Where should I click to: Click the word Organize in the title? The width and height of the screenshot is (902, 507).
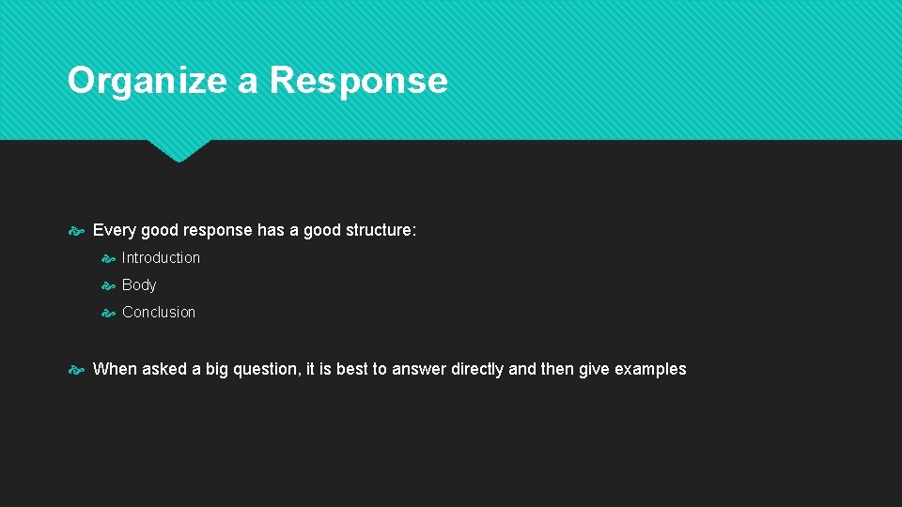coord(147,81)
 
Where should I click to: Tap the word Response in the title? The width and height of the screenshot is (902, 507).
coord(358,81)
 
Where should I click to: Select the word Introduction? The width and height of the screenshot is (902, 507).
coord(161,257)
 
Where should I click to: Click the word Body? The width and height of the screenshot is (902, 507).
coord(139,284)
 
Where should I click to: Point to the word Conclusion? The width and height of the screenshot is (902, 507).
coord(159,312)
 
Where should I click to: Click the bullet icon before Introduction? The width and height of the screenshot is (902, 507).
coord(108,258)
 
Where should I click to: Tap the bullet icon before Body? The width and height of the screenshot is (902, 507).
coord(108,285)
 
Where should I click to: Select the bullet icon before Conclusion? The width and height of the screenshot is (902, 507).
coord(108,313)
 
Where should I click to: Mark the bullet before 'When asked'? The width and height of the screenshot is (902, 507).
coord(78,370)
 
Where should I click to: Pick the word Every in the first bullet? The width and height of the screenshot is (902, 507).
coord(115,230)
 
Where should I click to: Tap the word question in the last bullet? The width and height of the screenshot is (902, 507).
coord(267,369)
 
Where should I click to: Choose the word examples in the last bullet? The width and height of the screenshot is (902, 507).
coord(650,369)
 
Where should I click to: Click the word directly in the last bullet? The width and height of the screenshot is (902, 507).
coord(477,369)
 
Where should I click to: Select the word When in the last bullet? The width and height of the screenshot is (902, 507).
coord(115,369)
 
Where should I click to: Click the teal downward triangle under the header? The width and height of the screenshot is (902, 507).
coord(179,150)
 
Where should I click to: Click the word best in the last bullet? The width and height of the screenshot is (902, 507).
coord(352,369)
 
